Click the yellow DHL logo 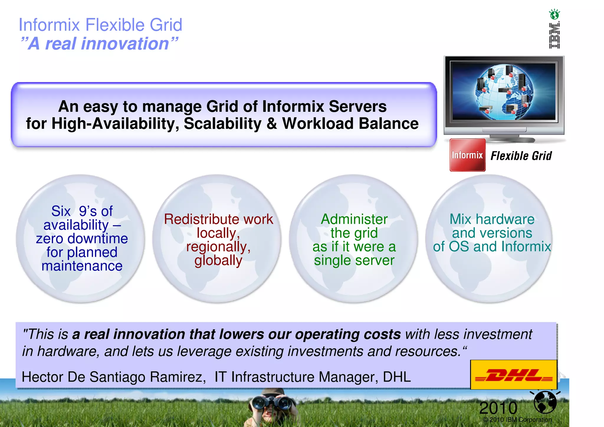(513, 375)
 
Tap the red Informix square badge (467, 155)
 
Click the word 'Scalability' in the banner (222, 123)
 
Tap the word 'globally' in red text (218, 260)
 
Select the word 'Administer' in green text (354, 219)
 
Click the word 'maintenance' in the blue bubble (82, 266)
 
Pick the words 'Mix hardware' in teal (492, 219)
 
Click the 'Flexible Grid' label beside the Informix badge (521, 156)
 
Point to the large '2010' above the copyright (498, 408)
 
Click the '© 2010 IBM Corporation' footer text (517, 420)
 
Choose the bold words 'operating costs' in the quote (348, 334)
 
